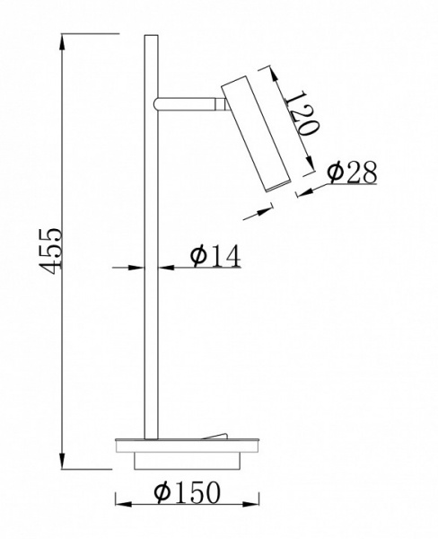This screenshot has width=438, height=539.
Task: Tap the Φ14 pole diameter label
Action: click(x=215, y=256)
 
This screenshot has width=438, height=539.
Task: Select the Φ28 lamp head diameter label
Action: click(x=352, y=172)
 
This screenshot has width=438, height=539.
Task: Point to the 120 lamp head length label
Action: click(x=301, y=113)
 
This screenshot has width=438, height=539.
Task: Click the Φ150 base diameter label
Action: click(x=187, y=492)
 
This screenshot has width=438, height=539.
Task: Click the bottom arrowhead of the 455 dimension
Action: click(x=62, y=460)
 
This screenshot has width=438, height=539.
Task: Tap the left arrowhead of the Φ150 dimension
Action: click(x=124, y=505)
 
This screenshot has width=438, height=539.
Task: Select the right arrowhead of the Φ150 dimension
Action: click(x=250, y=505)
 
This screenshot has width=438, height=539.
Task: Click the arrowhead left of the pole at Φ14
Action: click(x=136, y=267)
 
